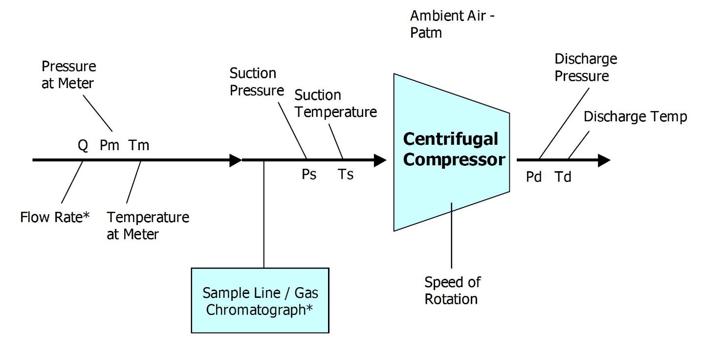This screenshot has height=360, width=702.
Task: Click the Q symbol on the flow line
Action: click(x=83, y=145)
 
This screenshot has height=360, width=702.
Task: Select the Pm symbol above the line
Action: click(x=110, y=145)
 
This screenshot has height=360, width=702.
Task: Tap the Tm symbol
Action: click(x=139, y=145)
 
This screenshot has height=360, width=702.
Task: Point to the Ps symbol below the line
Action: click(x=308, y=174)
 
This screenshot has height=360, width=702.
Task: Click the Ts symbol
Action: click(x=345, y=174)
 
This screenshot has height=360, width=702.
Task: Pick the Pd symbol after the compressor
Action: click(x=534, y=177)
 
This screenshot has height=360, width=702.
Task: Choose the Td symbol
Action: click(x=563, y=177)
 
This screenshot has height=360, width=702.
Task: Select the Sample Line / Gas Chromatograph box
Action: click(x=260, y=300)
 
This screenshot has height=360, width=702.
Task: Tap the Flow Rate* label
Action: click(x=55, y=217)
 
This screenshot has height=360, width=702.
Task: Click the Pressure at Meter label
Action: click(x=68, y=74)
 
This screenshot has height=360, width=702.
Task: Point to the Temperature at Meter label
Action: click(x=148, y=225)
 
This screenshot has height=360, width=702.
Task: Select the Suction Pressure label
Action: click(x=257, y=82)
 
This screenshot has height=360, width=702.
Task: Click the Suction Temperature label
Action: click(x=336, y=103)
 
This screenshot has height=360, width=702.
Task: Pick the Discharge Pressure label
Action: click(x=586, y=67)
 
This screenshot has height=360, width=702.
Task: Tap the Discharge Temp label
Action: click(x=635, y=116)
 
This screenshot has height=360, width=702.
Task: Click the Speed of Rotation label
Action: click(x=452, y=290)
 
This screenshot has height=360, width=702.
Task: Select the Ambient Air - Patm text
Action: click(x=452, y=24)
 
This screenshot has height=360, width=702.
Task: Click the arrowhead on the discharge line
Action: click(x=604, y=160)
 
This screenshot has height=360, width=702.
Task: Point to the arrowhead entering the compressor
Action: click(x=380, y=160)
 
